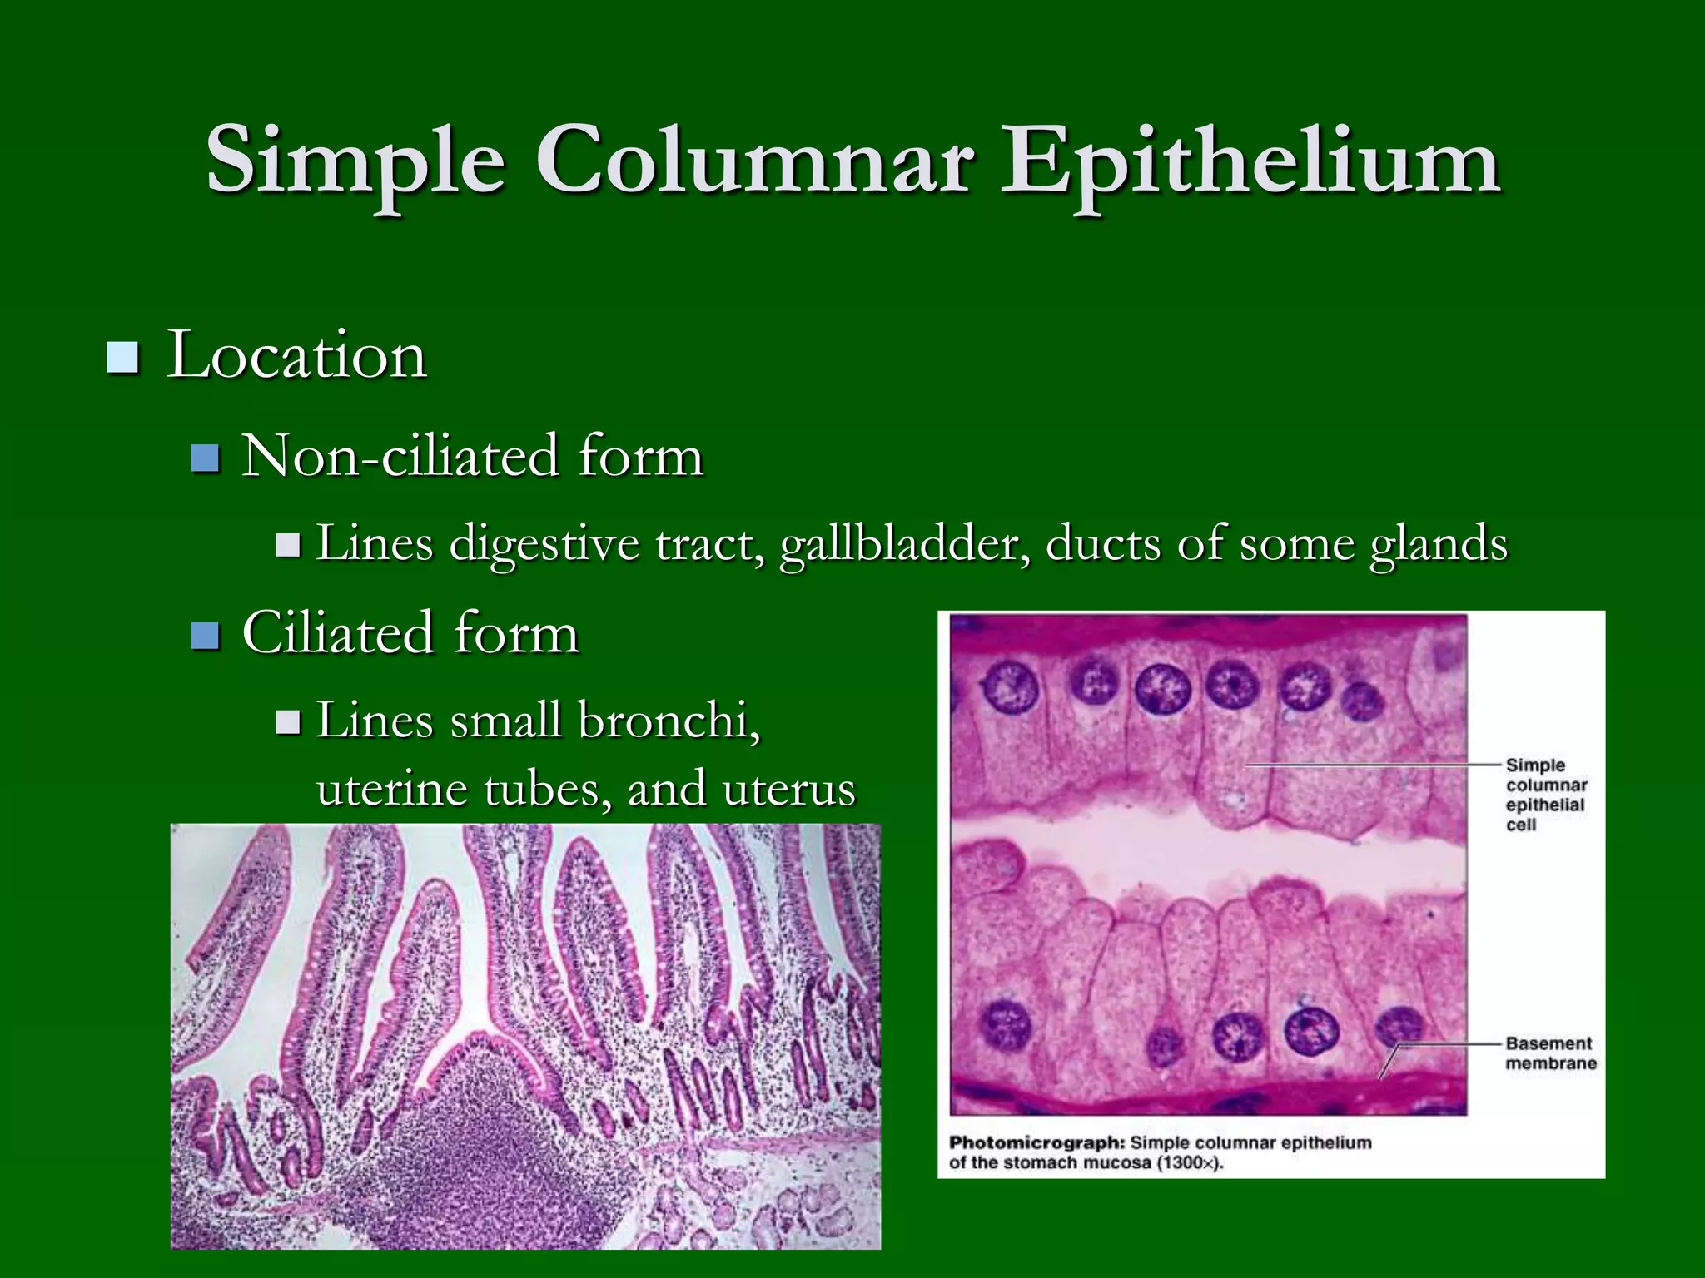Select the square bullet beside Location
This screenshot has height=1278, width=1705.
(122, 358)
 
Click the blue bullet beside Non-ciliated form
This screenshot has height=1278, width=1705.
(205, 458)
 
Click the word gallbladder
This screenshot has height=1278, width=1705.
(903, 545)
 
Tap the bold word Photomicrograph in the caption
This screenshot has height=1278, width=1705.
(1036, 1142)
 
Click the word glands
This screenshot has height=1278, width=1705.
(1439, 545)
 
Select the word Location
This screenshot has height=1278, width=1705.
(296, 356)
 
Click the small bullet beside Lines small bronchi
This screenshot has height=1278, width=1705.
(288, 721)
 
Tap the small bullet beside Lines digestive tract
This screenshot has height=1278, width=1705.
(288, 545)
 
